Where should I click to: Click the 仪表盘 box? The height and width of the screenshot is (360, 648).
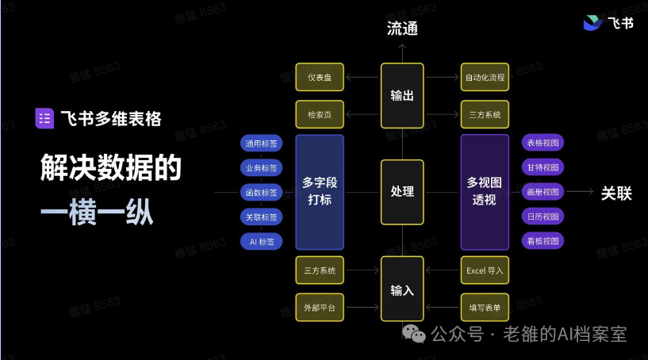tap(320, 77)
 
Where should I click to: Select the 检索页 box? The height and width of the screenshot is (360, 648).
tap(320, 114)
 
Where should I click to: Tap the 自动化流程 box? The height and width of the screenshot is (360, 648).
tap(485, 77)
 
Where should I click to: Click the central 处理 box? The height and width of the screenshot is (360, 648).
tap(402, 192)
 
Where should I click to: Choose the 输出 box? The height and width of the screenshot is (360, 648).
tap(402, 95)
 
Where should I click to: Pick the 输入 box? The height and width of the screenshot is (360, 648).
tap(402, 289)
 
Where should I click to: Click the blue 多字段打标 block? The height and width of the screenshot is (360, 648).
tap(320, 192)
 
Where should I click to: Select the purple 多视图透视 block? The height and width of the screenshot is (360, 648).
tap(485, 192)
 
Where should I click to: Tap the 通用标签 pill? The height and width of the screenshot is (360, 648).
tap(261, 144)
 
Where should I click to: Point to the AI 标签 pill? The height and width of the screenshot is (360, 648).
tap(261, 242)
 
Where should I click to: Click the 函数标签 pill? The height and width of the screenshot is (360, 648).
tap(261, 192)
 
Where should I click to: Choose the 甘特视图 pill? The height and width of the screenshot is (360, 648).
tap(543, 167)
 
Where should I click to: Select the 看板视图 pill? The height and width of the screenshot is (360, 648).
tap(543, 241)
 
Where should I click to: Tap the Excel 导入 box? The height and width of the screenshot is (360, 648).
tap(485, 270)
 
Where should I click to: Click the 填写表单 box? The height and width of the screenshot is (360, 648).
tap(485, 308)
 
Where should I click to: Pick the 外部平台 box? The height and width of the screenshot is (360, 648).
tap(320, 308)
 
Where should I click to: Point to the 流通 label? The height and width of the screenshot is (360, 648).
tap(402, 29)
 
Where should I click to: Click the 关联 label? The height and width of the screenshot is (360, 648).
tap(616, 193)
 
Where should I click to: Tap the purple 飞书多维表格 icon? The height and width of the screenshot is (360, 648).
tap(44, 119)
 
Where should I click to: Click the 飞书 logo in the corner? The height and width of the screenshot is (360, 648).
tap(608, 23)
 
